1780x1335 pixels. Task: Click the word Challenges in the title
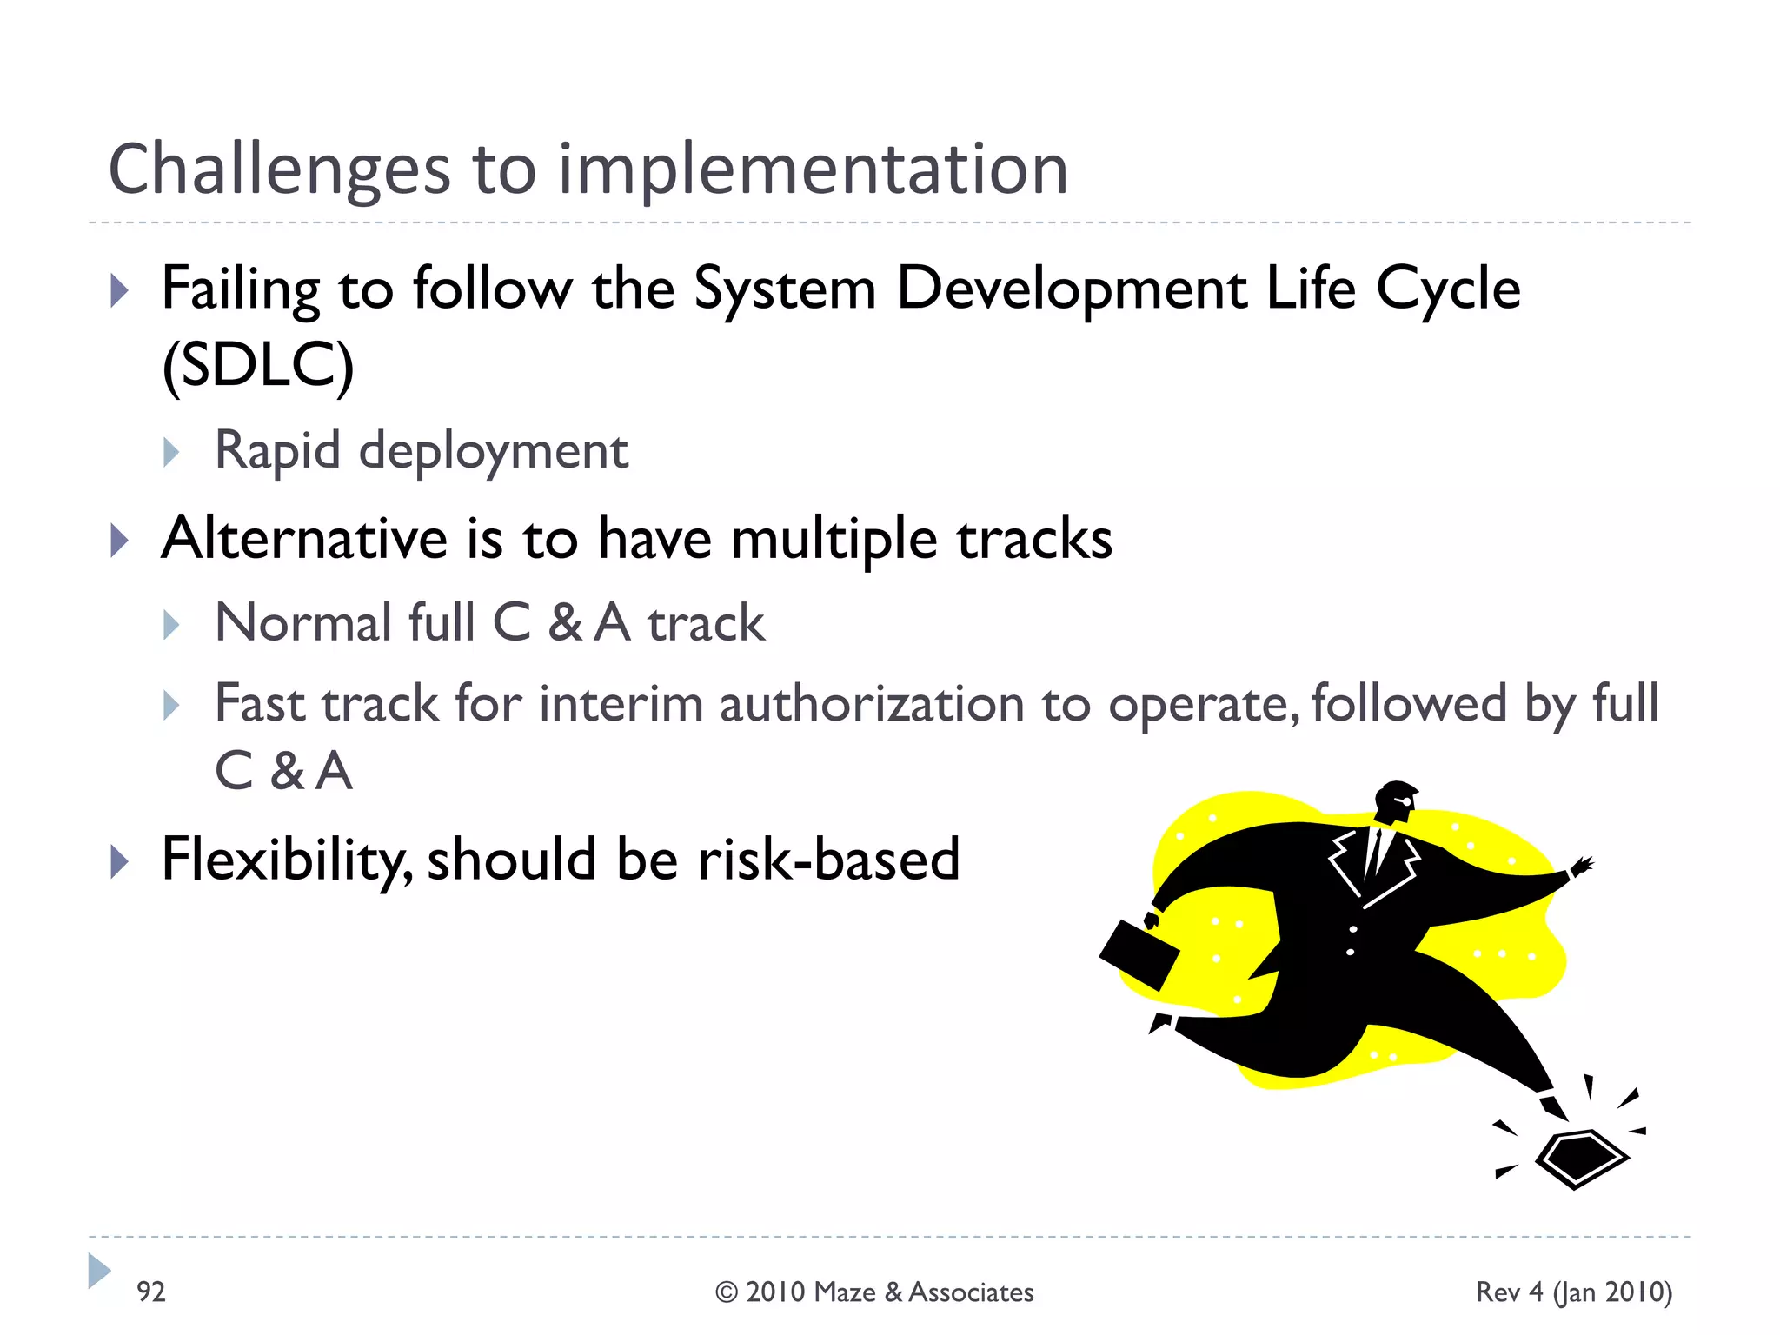point(279,170)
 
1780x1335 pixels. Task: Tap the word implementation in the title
point(812,170)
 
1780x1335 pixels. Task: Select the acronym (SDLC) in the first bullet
point(258,365)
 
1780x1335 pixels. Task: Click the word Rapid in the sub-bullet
point(277,451)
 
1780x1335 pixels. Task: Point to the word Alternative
point(304,538)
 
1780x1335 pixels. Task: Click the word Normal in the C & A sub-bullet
point(303,623)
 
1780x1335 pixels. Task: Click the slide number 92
point(150,1292)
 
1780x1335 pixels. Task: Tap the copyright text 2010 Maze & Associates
point(888,1292)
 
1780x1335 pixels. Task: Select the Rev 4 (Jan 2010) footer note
point(1573,1292)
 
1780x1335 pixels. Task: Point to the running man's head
point(1396,800)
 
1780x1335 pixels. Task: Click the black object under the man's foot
point(1580,1158)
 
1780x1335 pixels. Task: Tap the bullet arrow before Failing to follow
point(119,290)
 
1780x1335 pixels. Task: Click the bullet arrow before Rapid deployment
point(171,453)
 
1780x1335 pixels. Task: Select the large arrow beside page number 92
point(99,1271)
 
